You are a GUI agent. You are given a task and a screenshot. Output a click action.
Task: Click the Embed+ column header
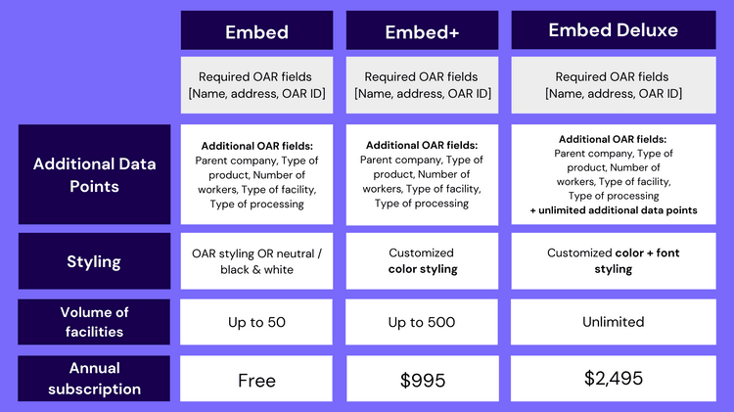[x=422, y=30]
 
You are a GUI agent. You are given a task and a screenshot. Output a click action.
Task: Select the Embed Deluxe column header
[x=614, y=30]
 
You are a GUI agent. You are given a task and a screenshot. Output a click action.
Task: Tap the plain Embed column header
[x=256, y=30]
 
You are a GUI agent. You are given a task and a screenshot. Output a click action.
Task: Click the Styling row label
[x=94, y=260]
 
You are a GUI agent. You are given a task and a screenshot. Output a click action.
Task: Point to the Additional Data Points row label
[x=94, y=174]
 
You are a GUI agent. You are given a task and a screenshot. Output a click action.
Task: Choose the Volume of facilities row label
[x=94, y=322]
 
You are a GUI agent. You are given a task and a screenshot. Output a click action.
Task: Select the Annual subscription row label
[x=94, y=379]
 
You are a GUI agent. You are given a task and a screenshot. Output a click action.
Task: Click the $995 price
[x=422, y=380]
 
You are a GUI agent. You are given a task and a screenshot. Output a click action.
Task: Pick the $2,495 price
[x=614, y=378]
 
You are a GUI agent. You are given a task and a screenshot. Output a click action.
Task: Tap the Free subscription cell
[x=256, y=380]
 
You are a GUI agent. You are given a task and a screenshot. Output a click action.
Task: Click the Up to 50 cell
[x=256, y=322]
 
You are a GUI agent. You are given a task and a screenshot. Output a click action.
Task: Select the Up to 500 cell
[x=422, y=322]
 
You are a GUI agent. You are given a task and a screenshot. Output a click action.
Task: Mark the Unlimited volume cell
[x=614, y=322]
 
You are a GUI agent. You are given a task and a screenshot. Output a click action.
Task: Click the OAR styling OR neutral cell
[x=256, y=260]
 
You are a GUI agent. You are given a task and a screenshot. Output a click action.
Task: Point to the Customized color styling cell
[x=422, y=260]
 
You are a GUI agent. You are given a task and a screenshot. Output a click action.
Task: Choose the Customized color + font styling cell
[x=614, y=260]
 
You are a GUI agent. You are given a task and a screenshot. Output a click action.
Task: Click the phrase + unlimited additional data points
[x=614, y=210]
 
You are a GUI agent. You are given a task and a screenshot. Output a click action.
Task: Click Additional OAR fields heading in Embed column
[x=257, y=146]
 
